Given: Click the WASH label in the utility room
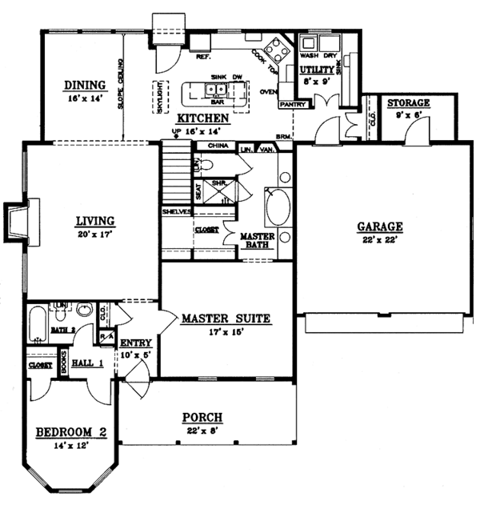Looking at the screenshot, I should click(x=308, y=57).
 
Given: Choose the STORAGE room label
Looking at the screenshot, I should click(x=409, y=103).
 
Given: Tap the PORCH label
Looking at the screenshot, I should click(x=202, y=418).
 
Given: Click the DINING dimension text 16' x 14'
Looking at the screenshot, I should click(x=86, y=100).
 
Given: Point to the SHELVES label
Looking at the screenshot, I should click(x=175, y=211).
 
